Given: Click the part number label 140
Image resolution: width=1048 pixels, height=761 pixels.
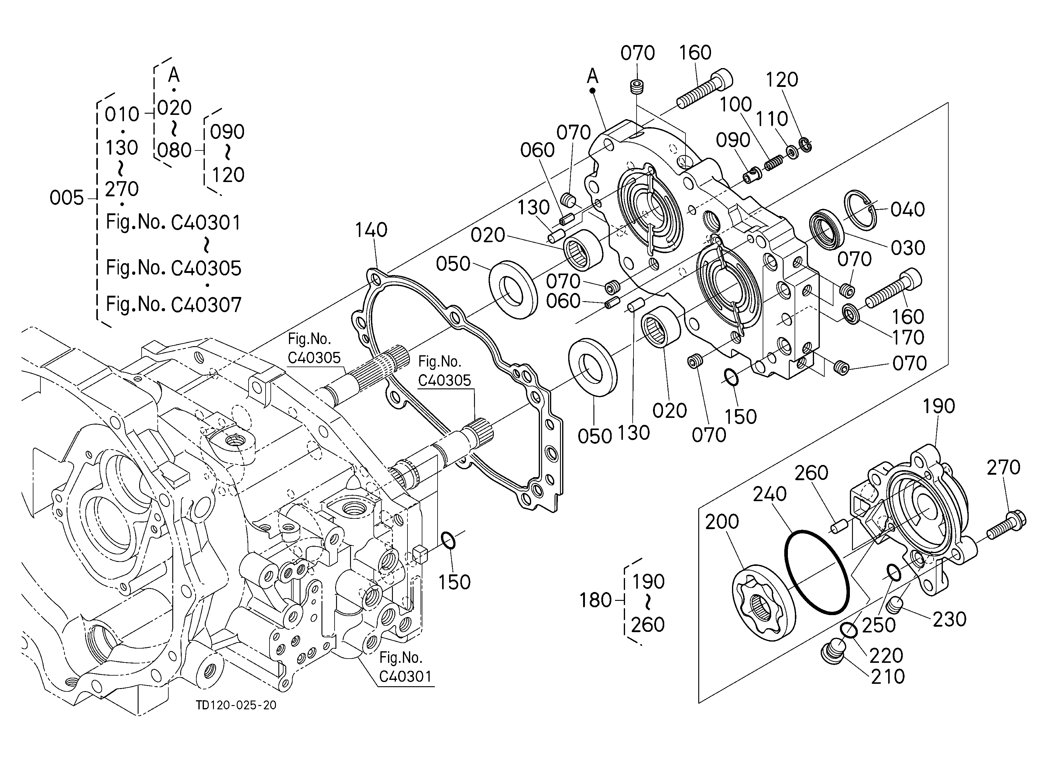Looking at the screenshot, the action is coord(371,230).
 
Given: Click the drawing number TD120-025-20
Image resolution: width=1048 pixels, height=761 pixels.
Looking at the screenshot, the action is coord(236,705).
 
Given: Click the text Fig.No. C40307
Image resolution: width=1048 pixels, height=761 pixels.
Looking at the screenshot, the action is coord(174,305).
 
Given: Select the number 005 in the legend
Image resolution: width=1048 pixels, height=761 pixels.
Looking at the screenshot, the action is coord(67,198).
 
